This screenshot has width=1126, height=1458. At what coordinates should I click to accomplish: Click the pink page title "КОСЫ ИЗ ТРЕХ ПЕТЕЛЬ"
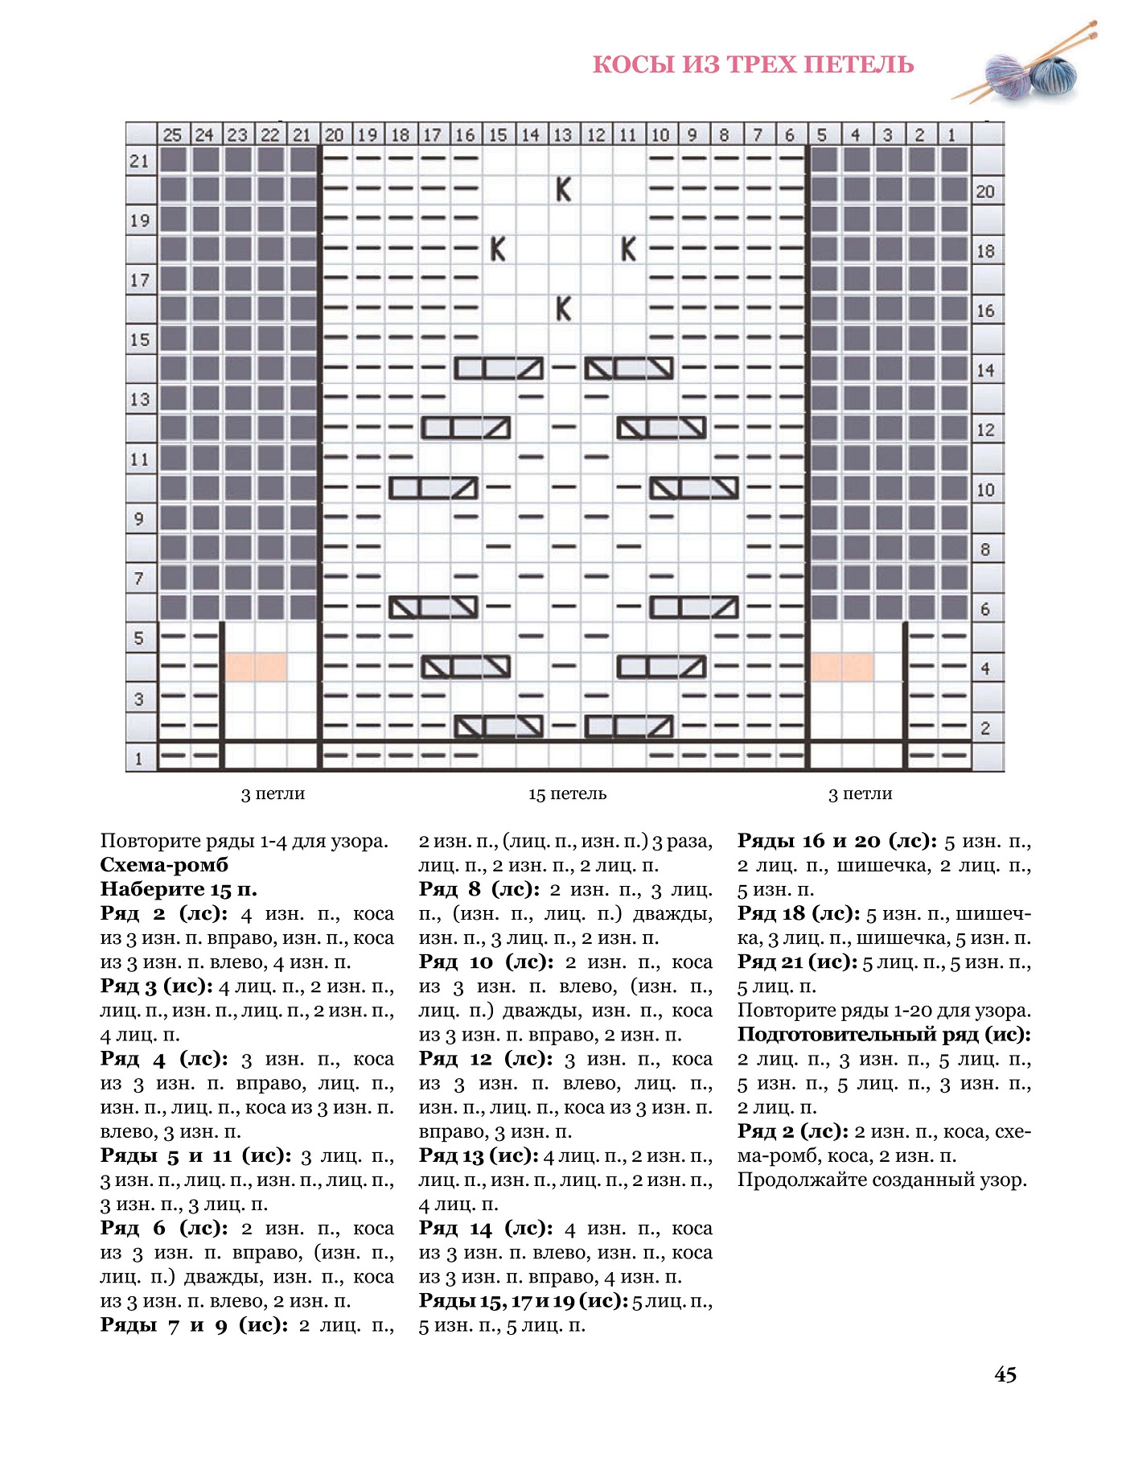[x=753, y=64]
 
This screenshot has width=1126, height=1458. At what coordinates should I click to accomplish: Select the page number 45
[x=1005, y=1374]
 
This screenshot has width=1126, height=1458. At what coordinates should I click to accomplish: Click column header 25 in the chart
[x=172, y=134]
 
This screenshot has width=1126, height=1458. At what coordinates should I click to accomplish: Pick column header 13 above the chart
[x=563, y=134]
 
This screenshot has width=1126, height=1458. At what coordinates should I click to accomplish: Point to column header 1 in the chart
[x=952, y=134]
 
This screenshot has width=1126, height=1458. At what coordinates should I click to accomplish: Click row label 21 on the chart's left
[x=140, y=161]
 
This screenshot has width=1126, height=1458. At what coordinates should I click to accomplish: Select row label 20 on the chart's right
[x=985, y=192]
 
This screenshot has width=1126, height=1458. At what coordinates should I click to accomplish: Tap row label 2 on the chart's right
[x=985, y=728]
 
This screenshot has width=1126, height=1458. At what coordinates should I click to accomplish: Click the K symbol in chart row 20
[x=564, y=190]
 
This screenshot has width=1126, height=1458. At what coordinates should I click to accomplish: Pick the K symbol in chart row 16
[x=564, y=308]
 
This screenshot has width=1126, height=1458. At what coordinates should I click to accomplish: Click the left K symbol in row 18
[x=499, y=249]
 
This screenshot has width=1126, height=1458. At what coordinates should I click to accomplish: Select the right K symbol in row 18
[x=629, y=249]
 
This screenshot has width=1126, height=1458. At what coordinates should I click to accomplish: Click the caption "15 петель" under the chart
[x=567, y=794]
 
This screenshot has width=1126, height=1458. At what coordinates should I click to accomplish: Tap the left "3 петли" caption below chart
[x=273, y=794]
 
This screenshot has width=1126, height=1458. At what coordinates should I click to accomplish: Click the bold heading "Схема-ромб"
[x=164, y=865]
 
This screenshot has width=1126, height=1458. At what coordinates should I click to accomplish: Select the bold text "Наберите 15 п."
[x=179, y=889]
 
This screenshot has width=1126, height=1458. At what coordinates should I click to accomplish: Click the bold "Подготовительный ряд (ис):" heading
[x=883, y=1035]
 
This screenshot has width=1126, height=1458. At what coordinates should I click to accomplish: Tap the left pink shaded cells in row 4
[x=256, y=667]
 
